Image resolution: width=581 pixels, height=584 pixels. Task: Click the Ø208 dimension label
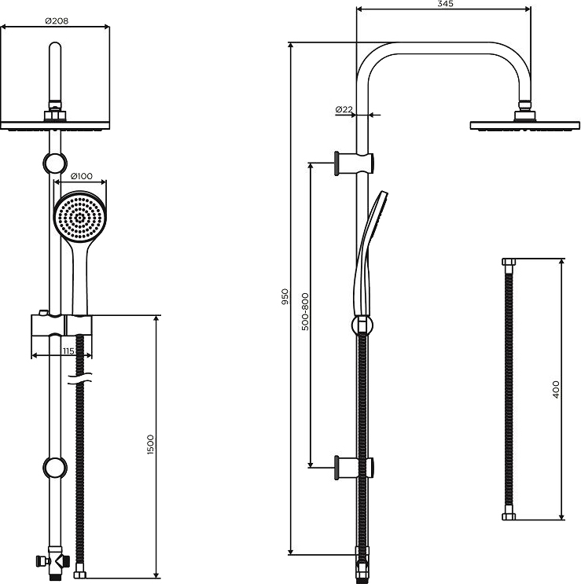(x=57, y=21)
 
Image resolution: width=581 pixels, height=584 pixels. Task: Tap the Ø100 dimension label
(x=81, y=176)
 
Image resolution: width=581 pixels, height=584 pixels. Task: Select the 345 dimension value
(x=445, y=4)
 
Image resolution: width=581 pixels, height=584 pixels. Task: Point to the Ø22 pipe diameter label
(x=344, y=109)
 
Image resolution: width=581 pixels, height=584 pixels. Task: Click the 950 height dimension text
(x=285, y=296)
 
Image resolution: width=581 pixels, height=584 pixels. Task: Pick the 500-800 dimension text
(x=305, y=312)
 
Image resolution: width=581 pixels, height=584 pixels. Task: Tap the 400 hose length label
(x=556, y=390)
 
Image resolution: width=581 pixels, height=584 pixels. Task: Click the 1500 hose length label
(x=150, y=444)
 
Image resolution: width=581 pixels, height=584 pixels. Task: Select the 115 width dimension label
(x=68, y=351)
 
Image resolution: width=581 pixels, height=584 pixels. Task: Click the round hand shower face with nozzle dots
(x=80, y=217)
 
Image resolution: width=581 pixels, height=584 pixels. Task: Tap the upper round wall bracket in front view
(x=55, y=163)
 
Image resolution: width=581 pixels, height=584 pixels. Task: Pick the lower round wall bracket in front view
(x=55, y=467)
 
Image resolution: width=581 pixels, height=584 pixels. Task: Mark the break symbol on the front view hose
(x=79, y=379)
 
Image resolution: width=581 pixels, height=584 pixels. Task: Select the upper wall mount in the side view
(x=354, y=163)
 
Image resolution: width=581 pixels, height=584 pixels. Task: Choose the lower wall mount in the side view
(x=354, y=467)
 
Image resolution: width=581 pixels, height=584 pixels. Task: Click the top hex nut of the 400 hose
(x=509, y=262)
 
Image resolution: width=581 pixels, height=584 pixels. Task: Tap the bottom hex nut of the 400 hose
(x=509, y=516)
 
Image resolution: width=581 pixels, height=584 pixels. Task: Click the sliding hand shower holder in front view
(x=61, y=326)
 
